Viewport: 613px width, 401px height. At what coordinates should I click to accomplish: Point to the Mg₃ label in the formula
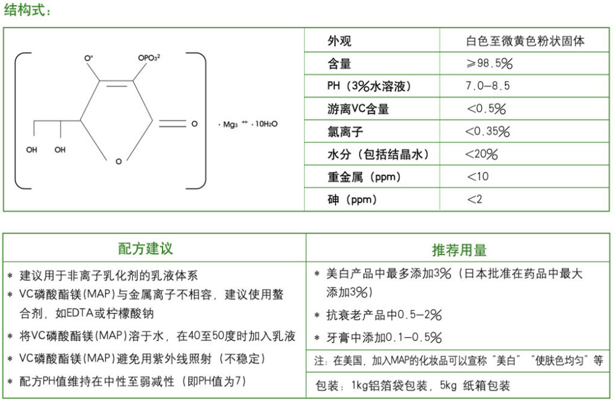coord(230,124)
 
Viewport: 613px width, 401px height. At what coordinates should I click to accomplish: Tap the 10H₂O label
coord(266,124)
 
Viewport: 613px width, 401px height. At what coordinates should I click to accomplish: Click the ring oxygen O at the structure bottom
coord(119,161)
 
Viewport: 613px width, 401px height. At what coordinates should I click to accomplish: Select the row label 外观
coord(339,41)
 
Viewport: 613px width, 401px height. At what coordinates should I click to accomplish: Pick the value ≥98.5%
coord(490,64)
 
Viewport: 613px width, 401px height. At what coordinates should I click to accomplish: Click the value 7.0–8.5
coord(488,87)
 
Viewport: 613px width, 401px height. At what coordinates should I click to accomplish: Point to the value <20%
coord(481,154)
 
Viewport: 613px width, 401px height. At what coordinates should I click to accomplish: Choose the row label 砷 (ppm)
coord(352,200)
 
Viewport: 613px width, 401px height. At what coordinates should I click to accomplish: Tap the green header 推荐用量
coord(459,250)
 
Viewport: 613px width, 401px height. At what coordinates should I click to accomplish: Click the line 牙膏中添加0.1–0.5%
coord(384,338)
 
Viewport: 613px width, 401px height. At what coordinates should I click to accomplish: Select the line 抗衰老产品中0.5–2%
coord(384,316)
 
